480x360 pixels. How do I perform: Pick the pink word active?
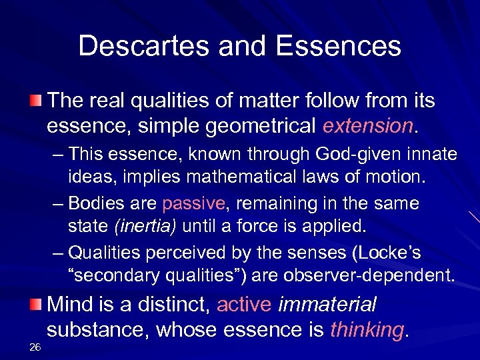[x=244, y=305]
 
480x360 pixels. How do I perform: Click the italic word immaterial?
[x=327, y=305]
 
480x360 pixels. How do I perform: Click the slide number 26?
[x=36, y=346]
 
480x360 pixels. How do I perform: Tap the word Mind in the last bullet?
[x=71, y=305]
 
